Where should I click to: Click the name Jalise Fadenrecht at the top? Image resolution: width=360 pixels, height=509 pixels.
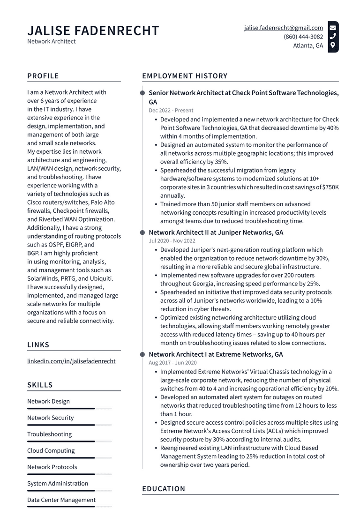(x=93, y=31)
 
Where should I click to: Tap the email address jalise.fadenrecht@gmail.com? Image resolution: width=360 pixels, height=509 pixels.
(x=283, y=28)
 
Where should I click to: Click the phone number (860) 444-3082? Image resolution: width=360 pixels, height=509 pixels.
(x=303, y=37)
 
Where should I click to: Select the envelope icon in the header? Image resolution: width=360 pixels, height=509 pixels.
(x=333, y=28)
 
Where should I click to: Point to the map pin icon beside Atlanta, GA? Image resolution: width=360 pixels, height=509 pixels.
(x=333, y=45)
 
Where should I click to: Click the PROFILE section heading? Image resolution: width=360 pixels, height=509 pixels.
(x=43, y=76)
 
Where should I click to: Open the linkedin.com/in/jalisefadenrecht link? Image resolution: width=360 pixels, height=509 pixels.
(x=71, y=361)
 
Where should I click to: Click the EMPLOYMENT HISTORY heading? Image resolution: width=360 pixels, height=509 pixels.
(x=185, y=76)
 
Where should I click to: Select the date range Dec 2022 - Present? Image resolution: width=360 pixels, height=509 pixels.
(x=171, y=111)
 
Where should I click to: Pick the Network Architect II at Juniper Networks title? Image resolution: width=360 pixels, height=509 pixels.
(x=216, y=232)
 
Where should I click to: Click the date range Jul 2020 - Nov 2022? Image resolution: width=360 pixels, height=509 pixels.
(x=172, y=241)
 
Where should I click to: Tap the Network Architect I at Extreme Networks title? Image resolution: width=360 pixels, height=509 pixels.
(x=216, y=354)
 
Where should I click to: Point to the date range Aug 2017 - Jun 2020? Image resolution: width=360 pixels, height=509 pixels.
(x=172, y=363)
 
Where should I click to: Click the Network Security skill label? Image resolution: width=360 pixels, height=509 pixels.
(x=50, y=418)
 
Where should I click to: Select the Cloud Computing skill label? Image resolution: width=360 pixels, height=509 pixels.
(x=51, y=450)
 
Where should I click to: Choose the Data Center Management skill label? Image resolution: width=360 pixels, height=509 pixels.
(x=61, y=500)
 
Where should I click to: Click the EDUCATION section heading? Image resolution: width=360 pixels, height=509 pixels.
(x=164, y=489)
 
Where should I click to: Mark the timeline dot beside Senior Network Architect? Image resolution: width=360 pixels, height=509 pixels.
(x=142, y=93)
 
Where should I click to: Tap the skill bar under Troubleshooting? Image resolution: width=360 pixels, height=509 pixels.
(x=61, y=441)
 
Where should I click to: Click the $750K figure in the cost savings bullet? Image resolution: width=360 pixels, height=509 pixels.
(x=330, y=187)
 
